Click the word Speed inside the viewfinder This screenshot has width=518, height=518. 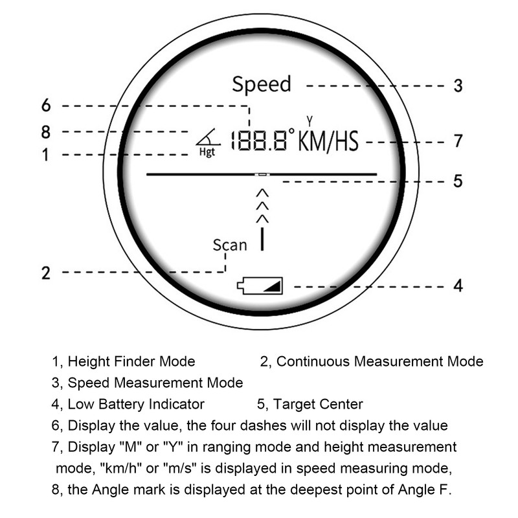click(262, 85)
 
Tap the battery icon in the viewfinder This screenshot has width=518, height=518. click(260, 286)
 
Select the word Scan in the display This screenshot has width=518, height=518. click(230, 245)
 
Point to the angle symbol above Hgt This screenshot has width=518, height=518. click(208, 137)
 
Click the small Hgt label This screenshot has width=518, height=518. click(207, 152)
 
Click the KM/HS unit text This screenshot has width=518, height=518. click(328, 141)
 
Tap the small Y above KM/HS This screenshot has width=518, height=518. click(310, 121)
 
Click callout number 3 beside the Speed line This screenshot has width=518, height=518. click(458, 85)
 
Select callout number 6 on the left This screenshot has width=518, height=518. click(46, 106)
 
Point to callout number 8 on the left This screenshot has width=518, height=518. click(45, 132)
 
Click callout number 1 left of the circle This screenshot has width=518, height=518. click(45, 155)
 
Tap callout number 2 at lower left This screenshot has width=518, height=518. click(46, 273)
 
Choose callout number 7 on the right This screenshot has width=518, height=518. click(458, 141)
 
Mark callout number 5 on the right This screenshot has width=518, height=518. click(458, 181)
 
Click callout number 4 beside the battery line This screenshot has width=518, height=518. click(458, 286)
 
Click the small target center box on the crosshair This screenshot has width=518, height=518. click(262, 174)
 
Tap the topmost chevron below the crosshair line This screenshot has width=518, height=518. click(262, 193)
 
